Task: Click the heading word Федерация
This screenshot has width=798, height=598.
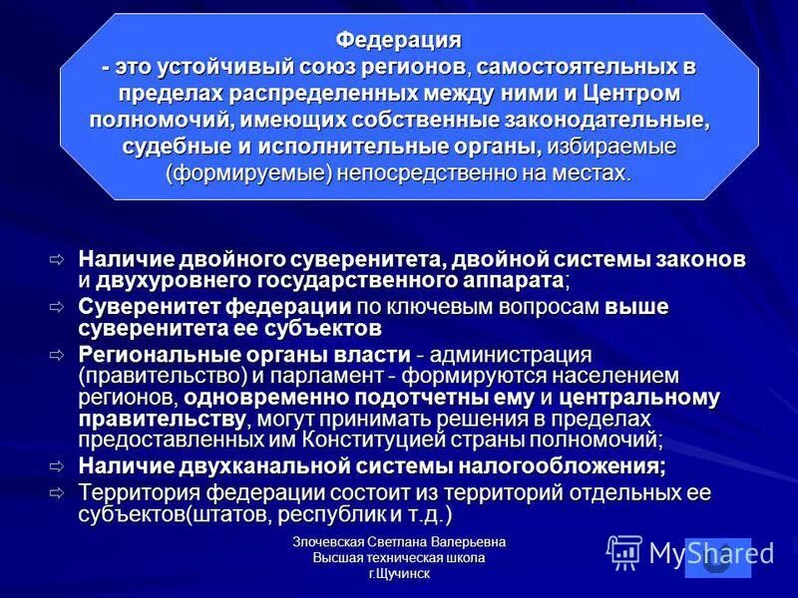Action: [x=398, y=40]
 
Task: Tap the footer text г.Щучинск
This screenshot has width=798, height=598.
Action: [x=399, y=574]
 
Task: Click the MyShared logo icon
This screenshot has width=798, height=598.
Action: [x=623, y=552]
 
